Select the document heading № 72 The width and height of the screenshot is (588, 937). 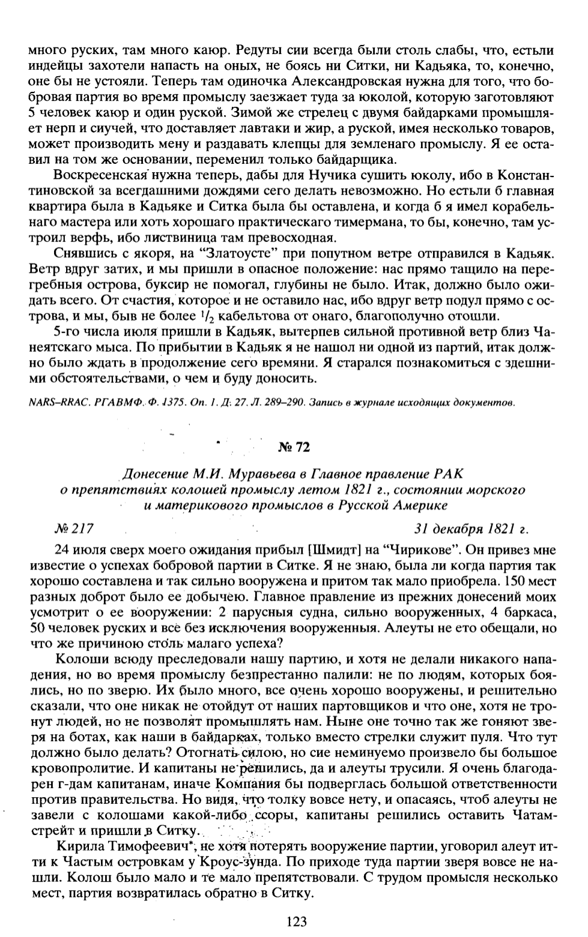[x=294, y=447]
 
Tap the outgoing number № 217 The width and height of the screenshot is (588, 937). [x=74, y=529]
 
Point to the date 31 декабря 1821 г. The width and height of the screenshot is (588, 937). [x=471, y=529]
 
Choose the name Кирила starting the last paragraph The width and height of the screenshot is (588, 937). [x=74, y=847]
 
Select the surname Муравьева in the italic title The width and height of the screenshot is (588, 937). [x=221, y=476]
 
